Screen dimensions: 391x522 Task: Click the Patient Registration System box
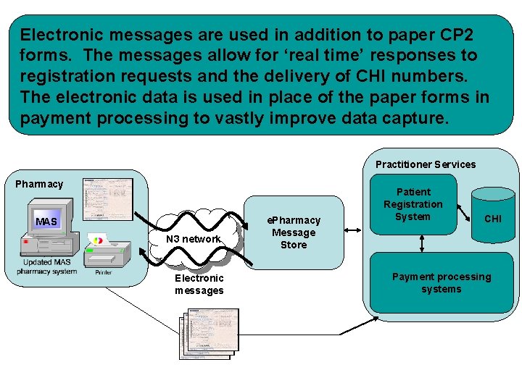coord(413,204)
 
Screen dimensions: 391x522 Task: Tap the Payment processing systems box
coord(441,283)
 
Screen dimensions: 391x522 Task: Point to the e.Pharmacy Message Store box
coord(293,232)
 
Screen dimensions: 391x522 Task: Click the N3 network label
coord(193,239)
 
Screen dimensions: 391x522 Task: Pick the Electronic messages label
coord(199,284)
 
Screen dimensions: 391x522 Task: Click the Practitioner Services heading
coord(426,164)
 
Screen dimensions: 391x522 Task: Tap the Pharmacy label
coord(39,184)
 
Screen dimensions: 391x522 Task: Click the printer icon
coord(106,253)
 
